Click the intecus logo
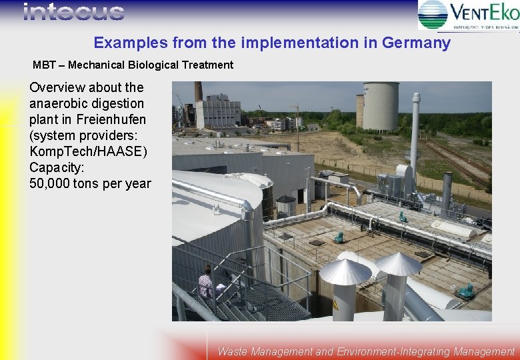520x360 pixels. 73,12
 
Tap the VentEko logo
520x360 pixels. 469,15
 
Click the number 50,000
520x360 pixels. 53,183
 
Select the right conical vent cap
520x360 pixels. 398,264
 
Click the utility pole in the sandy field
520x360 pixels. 297,127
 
